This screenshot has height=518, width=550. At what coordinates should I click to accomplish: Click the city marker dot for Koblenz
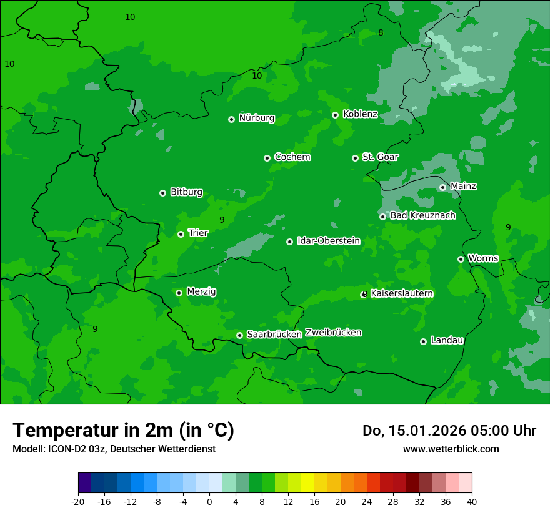pos(336,115)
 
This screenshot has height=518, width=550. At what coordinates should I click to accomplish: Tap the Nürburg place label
pos(256,118)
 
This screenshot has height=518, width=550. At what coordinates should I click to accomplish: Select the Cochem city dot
pos(267,158)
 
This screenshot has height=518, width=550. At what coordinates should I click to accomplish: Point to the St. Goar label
pos(380,157)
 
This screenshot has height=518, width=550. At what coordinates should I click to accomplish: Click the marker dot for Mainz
pos(442,187)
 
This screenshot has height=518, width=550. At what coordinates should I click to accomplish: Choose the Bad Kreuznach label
pos(422,215)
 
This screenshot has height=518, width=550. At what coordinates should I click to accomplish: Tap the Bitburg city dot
pos(163,193)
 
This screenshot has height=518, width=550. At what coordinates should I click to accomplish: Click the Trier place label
pos(198,233)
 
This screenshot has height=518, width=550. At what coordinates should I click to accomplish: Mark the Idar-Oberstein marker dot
pos(290,242)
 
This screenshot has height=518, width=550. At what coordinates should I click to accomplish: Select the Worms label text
pos(483,258)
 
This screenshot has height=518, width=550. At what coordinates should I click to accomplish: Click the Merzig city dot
pos(179,293)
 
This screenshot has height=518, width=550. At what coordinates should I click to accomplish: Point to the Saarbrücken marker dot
pos(240,335)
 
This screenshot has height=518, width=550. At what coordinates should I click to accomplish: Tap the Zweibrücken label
pos(333,332)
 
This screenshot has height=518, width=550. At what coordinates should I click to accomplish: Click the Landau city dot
pos(424,341)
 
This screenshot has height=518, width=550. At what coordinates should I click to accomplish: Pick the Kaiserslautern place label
pos(402,293)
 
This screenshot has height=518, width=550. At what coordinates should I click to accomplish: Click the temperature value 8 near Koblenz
pos(381,32)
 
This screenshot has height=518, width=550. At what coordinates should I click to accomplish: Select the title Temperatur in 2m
pos(123,430)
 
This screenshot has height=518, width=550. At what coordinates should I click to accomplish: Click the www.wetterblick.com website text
pos(451,449)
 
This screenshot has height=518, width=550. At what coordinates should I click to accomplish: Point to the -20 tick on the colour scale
pos(78,501)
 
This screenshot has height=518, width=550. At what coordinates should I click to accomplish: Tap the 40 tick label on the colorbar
pos(472,501)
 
